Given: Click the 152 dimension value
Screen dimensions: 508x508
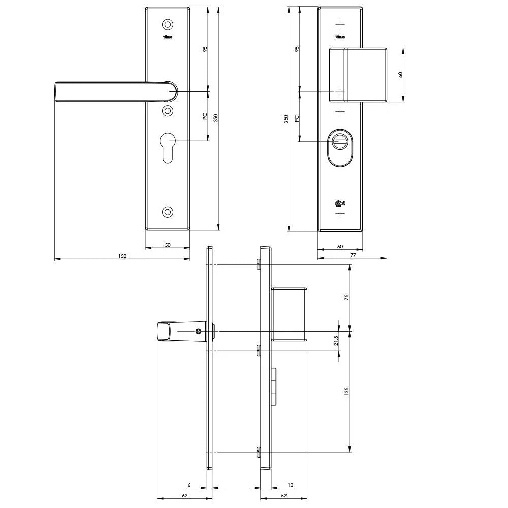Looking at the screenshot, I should (122, 256).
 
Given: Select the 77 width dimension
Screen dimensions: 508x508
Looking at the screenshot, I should (352, 256).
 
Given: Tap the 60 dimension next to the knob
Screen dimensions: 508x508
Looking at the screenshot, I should (400, 74).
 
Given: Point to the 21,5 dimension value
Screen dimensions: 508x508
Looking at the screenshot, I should (336, 341).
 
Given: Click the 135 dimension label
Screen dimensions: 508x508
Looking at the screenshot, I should (346, 391).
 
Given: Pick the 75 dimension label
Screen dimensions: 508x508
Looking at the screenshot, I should (346, 298).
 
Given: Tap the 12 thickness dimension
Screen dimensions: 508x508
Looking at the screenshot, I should (291, 486).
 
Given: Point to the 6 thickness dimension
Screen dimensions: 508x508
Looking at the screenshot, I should (189, 486).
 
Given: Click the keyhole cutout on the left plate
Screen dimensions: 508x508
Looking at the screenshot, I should (168, 147).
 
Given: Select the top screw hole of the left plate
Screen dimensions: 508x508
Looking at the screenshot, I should (168, 24).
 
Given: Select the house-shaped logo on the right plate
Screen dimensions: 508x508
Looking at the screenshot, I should (340, 204).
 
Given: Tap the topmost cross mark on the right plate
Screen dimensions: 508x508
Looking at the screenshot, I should (340, 24).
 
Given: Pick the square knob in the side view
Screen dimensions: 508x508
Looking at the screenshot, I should (289, 314).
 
